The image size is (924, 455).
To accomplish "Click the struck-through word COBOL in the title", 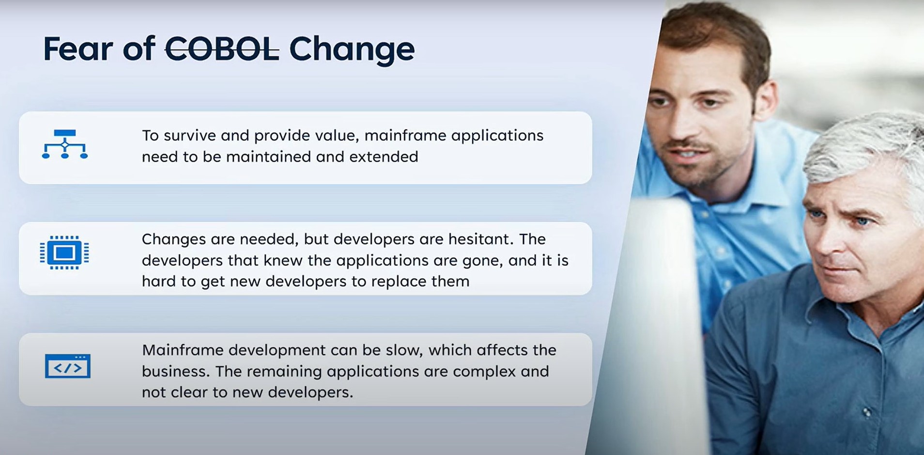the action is pyautogui.click(x=222, y=49).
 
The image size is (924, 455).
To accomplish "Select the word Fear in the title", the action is pyautogui.click(x=78, y=49).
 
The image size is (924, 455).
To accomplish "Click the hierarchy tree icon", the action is pyautogui.click(x=65, y=144).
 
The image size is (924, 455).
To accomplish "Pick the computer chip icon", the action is pyautogui.click(x=64, y=252).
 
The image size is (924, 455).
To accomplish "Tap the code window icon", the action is pyautogui.click(x=68, y=366).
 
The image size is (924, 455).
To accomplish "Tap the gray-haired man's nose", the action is pyautogui.click(x=835, y=247).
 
